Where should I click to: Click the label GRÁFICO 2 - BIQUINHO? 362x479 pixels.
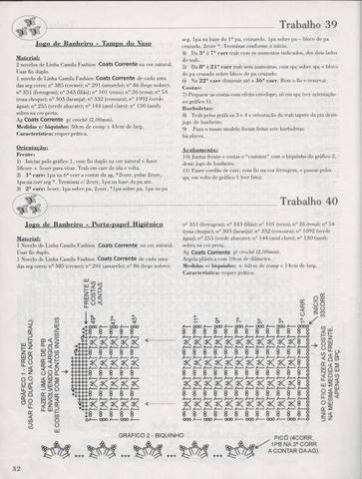point(154,437)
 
